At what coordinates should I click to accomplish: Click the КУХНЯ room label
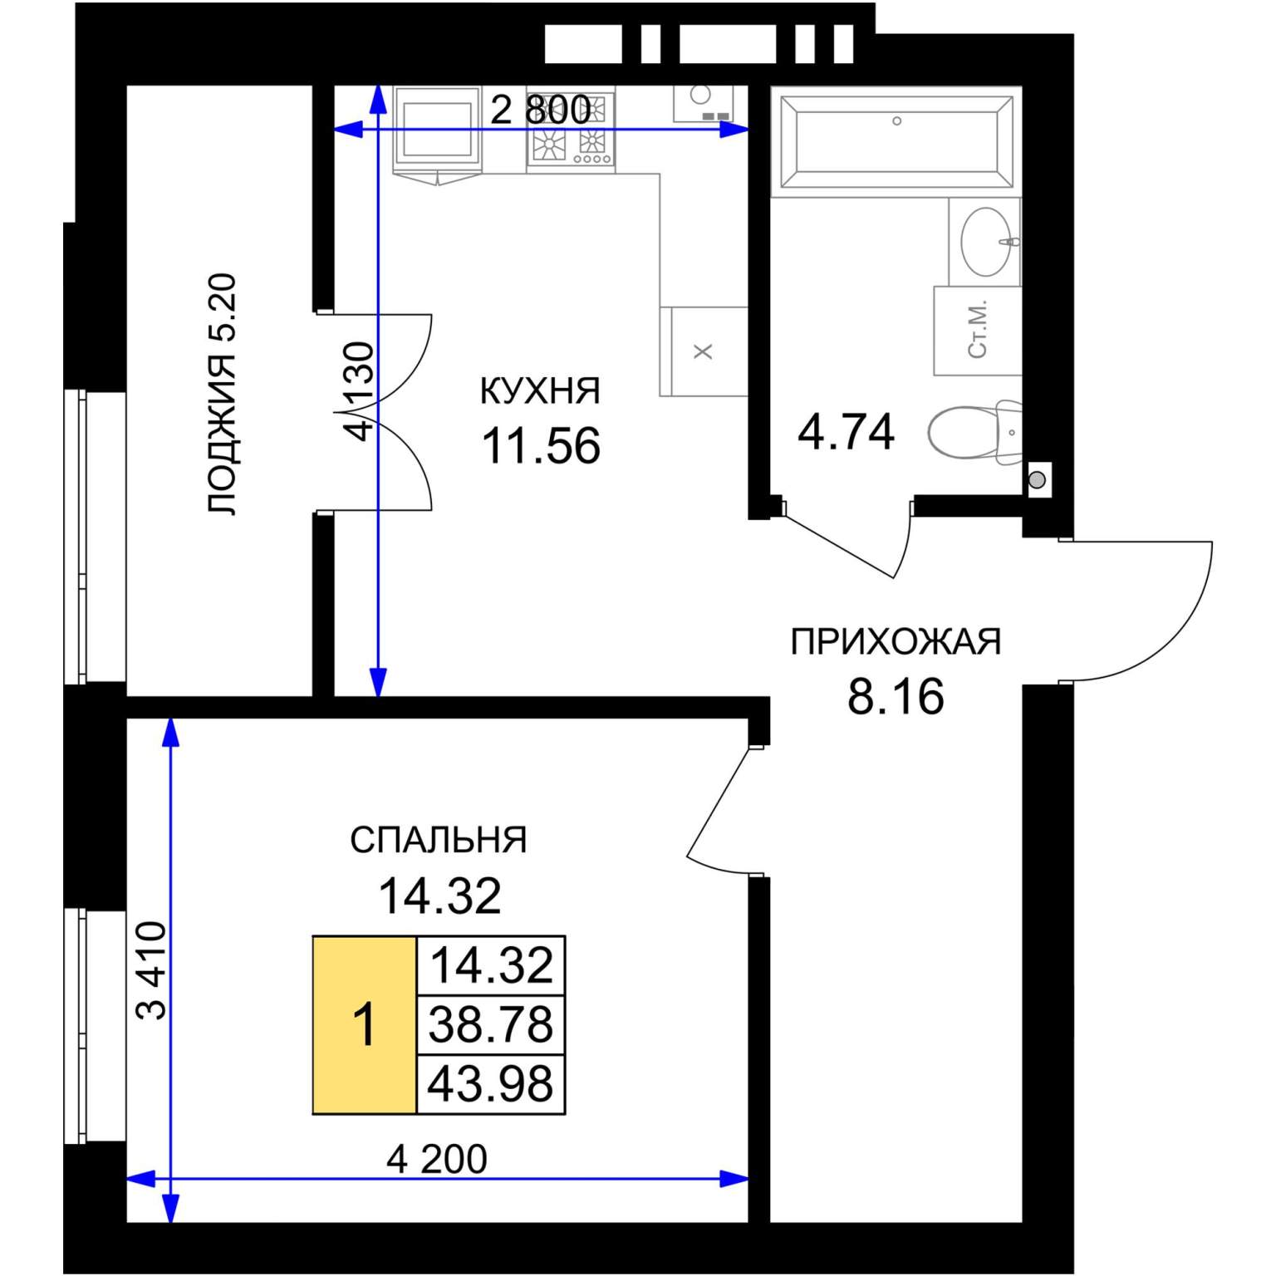coord(540,390)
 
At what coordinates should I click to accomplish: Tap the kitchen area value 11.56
coord(541,446)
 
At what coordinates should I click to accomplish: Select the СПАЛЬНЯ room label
coord(439,841)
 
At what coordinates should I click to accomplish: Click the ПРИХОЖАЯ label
coord(896,642)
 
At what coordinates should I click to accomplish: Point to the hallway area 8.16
coord(896,696)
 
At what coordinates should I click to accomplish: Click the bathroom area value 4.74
coord(846,433)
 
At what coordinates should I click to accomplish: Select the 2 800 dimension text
coord(540,110)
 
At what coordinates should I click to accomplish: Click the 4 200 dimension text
coord(437,1160)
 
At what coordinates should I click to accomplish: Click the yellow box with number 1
coord(365,1024)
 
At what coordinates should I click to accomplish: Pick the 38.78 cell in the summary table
coord(491,1024)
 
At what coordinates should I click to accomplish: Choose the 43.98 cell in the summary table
coord(491,1084)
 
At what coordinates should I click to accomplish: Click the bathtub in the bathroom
coord(896,142)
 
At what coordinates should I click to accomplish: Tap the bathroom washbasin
coord(988,241)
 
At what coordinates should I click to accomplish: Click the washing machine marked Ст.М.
coord(978,331)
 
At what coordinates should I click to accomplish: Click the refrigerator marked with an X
coord(704,351)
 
